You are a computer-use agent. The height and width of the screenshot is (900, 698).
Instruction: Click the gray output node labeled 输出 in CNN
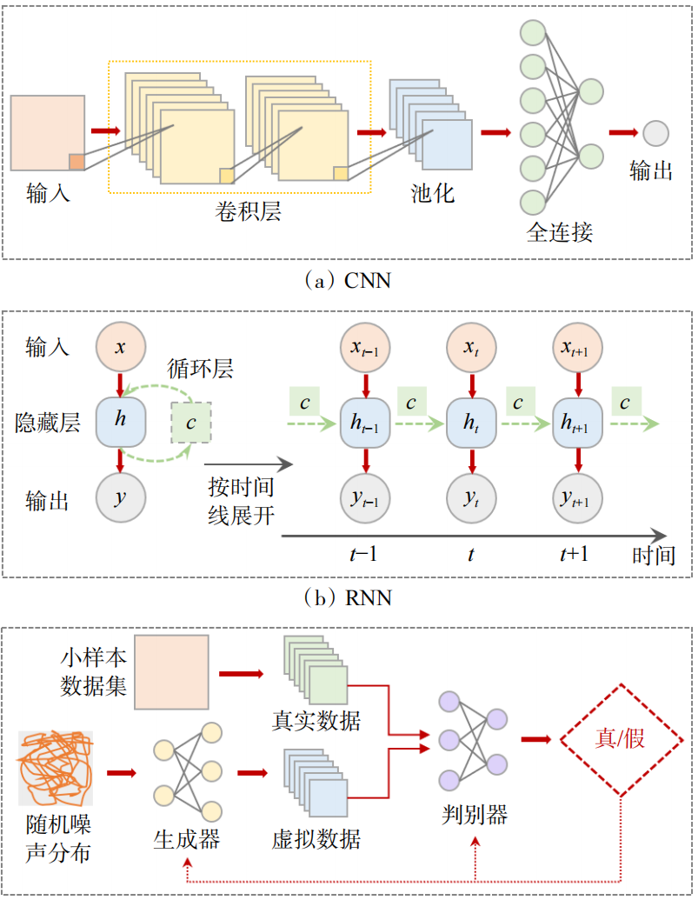tap(655, 134)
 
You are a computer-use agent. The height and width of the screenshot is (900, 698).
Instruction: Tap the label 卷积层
tap(248, 211)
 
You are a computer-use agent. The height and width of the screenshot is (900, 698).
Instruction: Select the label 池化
tap(433, 193)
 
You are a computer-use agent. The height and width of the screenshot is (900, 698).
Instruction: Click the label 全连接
tap(559, 231)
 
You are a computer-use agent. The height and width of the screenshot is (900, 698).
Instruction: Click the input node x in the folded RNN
tap(121, 347)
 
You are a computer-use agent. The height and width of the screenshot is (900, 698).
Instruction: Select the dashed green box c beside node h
tap(191, 423)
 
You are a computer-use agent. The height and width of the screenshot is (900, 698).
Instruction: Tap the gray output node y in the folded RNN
tap(121, 497)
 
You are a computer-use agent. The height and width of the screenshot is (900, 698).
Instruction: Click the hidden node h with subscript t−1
tap(365, 423)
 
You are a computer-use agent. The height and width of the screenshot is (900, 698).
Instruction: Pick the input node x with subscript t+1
tap(577, 347)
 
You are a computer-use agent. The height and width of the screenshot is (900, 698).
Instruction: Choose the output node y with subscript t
tap(471, 498)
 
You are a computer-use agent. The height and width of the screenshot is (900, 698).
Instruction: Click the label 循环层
tap(200, 369)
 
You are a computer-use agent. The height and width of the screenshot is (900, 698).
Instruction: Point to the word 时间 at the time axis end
tap(654, 555)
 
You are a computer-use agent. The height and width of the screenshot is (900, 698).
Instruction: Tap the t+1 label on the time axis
tap(574, 554)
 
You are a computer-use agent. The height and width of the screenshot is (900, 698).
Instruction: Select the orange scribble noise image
tap(55, 769)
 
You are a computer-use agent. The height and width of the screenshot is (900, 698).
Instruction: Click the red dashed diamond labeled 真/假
tap(622, 740)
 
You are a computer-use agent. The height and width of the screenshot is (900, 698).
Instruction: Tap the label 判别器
tap(475, 814)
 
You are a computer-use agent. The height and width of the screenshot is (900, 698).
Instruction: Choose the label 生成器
tap(186, 839)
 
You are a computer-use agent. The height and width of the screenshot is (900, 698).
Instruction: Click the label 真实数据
tap(316, 720)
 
